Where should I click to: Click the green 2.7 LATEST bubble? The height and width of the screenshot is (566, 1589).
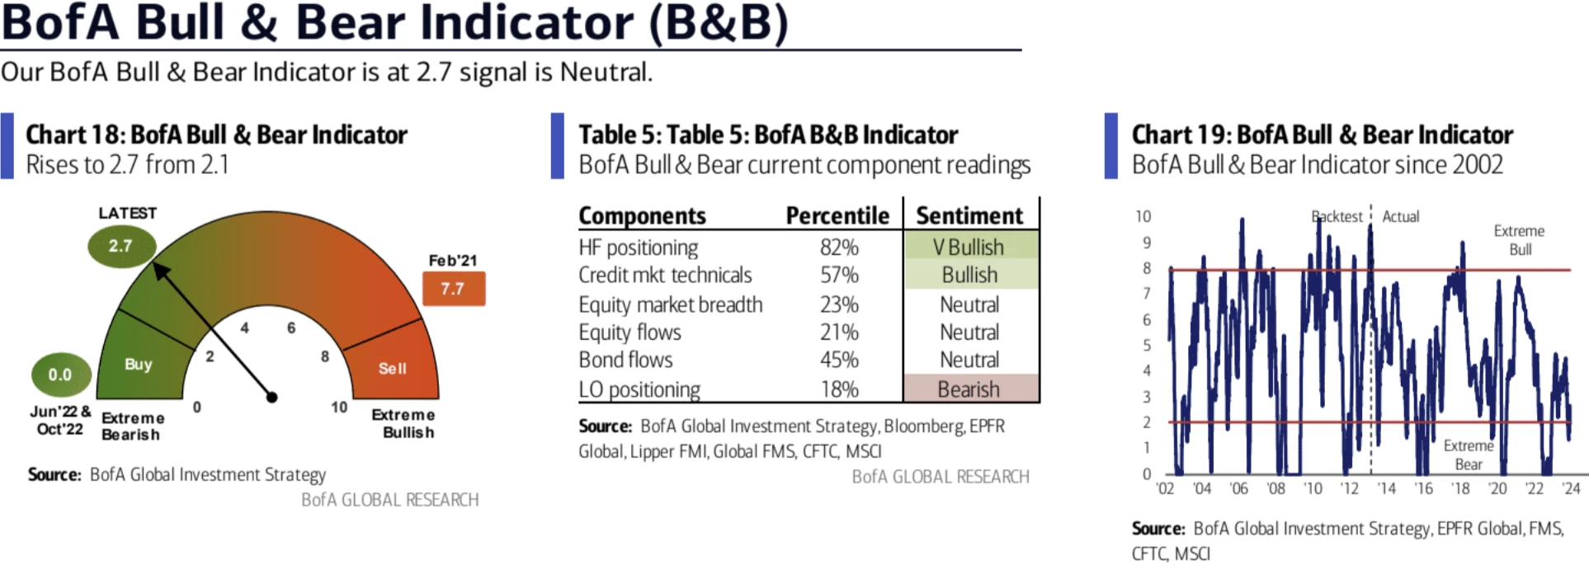click(x=120, y=246)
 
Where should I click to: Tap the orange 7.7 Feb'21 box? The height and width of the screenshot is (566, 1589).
click(x=453, y=289)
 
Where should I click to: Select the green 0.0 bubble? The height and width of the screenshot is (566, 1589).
click(x=60, y=375)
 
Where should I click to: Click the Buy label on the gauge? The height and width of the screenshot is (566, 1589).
click(x=139, y=364)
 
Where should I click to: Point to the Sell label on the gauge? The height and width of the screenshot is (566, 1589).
click(x=393, y=368)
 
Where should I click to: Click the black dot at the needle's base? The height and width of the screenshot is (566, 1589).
click(x=272, y=397)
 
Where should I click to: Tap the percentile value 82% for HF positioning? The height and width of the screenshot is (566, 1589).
click(x=839, y=248)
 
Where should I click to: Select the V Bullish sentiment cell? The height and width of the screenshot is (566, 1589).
click(x=969, y=247)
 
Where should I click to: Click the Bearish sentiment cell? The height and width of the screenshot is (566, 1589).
click(x=969, y=389)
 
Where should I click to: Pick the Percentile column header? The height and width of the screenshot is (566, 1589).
click(x=837, y=215)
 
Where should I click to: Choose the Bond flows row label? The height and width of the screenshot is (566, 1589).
click(x=625, y=360)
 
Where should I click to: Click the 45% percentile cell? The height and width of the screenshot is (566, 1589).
click(x=839, y=360)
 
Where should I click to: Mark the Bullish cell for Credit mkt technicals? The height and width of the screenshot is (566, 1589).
click(x=969, y=275)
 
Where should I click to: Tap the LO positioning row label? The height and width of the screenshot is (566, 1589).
click(x=639, y=389)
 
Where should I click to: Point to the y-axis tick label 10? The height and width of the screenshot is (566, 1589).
click(x=1143, y=216)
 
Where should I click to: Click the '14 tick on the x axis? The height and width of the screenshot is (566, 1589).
click(x=1386, y=488)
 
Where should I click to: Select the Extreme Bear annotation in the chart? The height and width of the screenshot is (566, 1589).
click(x=1468, y=455)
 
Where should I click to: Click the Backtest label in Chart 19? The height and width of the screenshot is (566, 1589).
click(x=1337, y=216)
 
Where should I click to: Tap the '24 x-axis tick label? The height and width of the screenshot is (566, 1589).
click(x=1571, y=488)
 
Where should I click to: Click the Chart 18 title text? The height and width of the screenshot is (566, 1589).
click(x=216, y=134)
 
